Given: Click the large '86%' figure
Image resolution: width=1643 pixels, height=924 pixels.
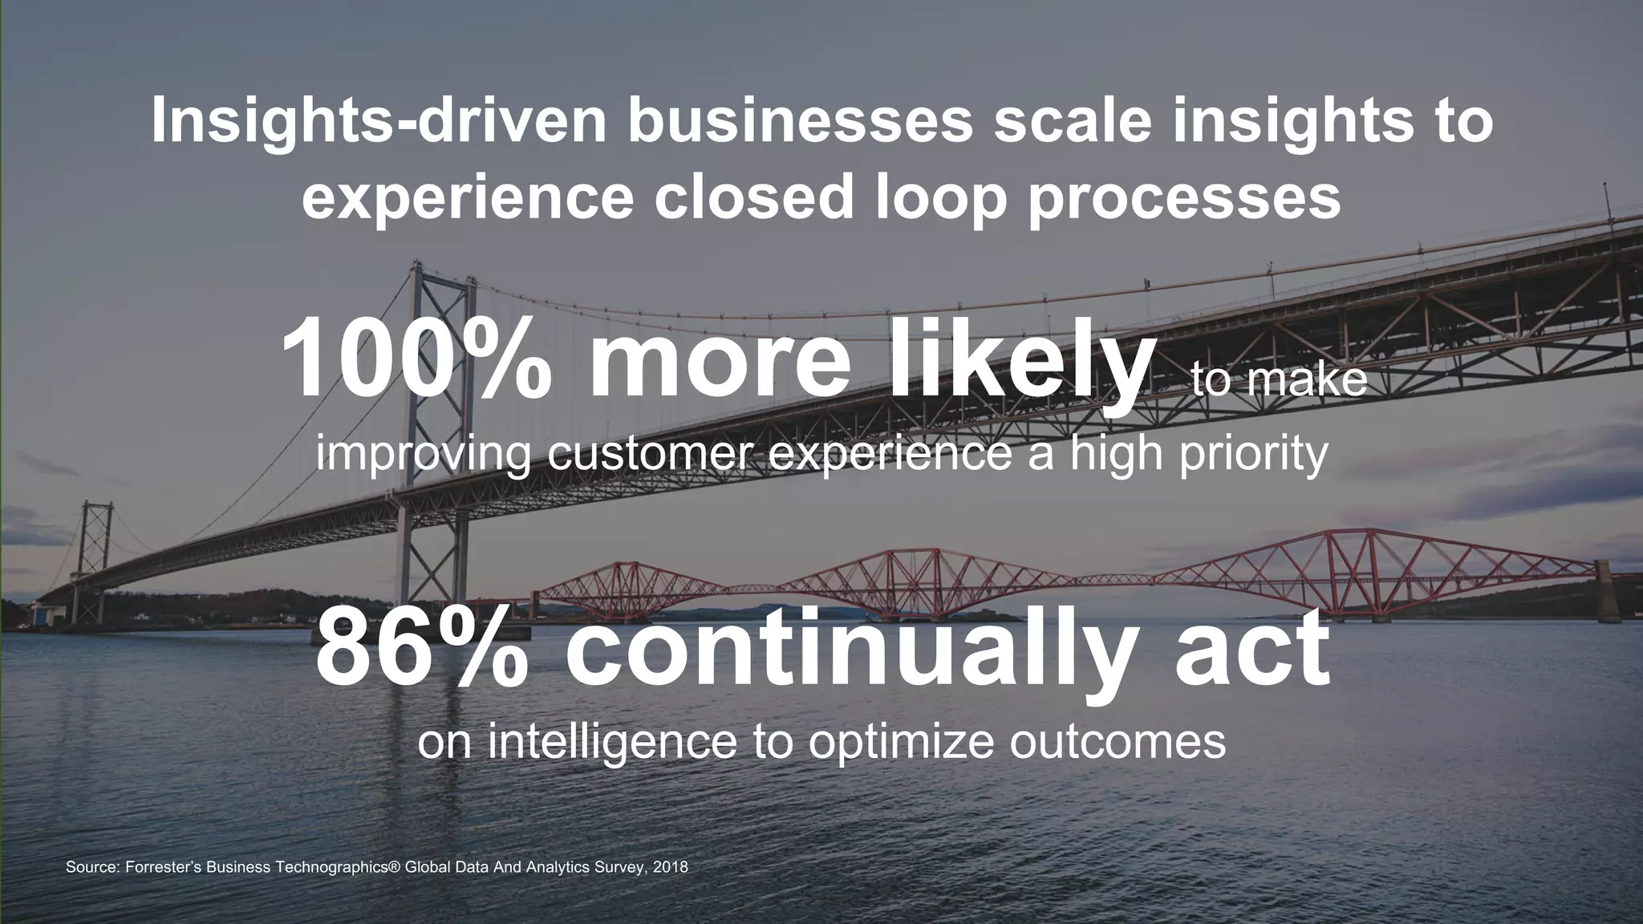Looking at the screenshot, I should click(x=422, y=648).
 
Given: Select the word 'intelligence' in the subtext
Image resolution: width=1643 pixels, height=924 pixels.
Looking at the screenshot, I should click(x=611, y=742).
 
